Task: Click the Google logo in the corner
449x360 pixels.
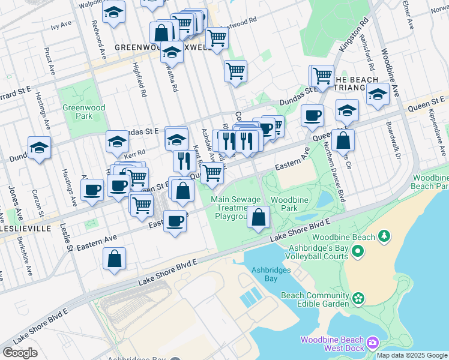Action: coord(20,353)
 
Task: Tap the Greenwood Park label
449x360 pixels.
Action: coord(76,112)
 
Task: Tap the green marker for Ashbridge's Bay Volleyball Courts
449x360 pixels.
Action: coord(358,251)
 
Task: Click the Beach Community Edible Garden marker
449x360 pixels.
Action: coord(358,298)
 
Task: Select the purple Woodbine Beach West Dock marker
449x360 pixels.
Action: coord(373,343)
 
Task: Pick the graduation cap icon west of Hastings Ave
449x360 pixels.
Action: coord(39,148)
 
